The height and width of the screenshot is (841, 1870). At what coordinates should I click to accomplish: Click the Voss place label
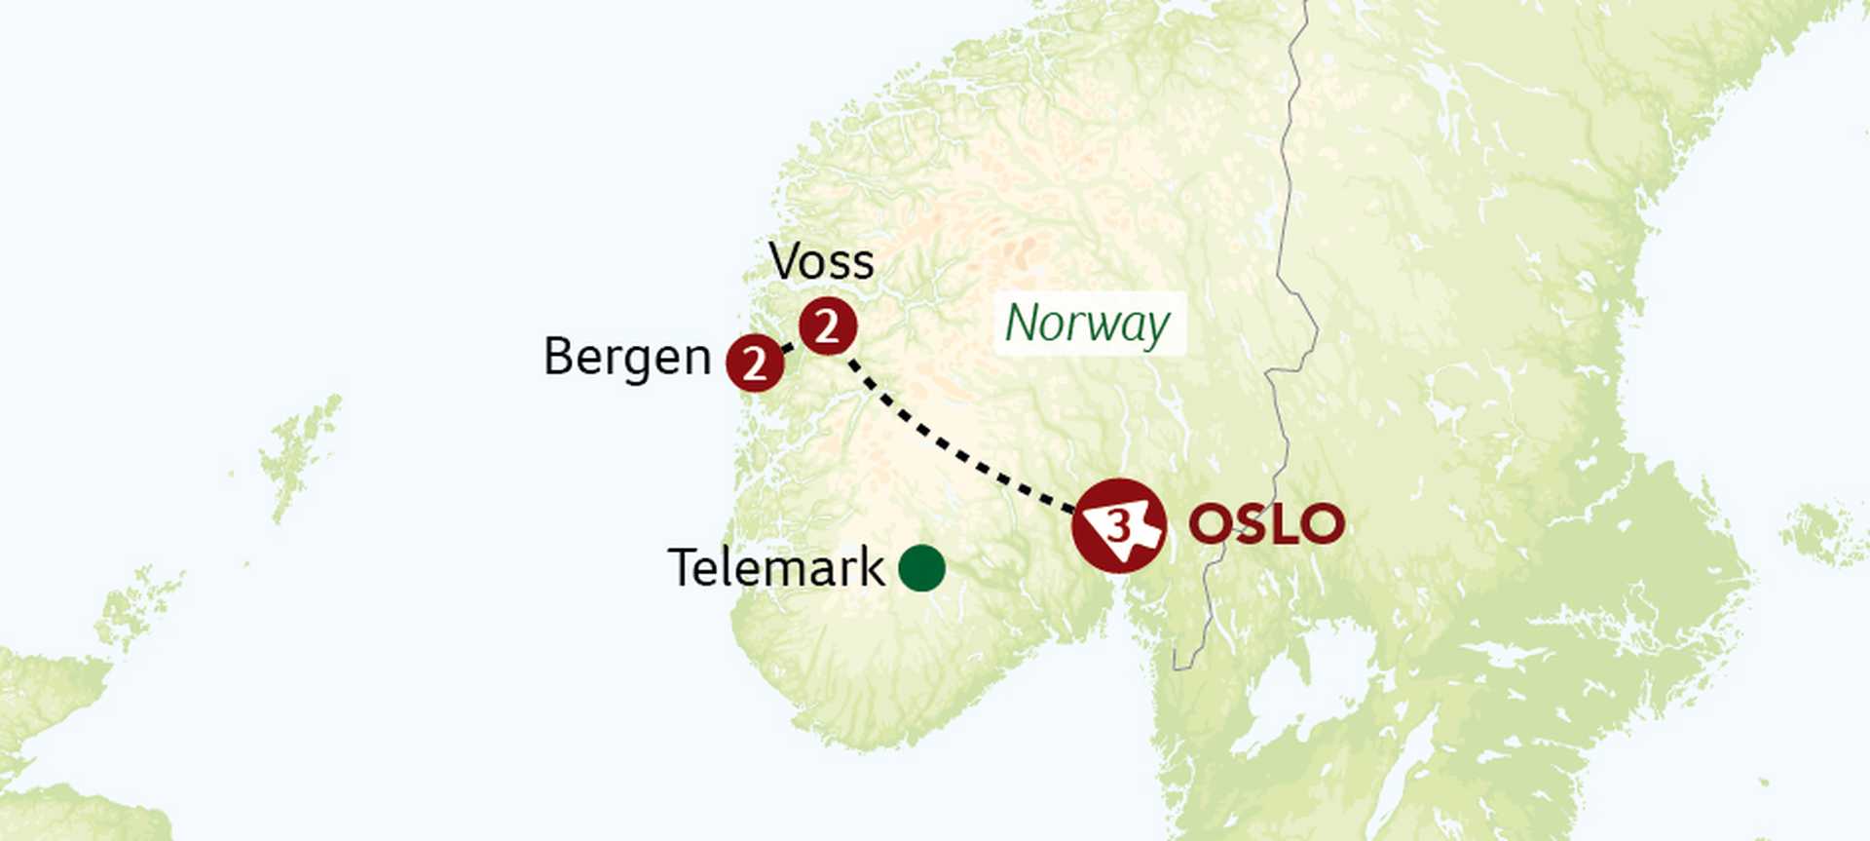point(821,261)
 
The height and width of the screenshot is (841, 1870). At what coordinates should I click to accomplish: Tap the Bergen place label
point(627,357)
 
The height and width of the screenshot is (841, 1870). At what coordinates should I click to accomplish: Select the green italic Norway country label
point(1087,324)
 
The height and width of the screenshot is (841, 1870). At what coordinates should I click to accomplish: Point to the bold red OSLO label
point(1266,524)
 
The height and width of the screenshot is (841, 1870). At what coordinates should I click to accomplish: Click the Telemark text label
point(775,567)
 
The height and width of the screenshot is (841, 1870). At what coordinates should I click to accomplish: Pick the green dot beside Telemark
point(921,568)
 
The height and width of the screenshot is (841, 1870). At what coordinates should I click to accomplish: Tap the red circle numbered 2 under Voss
point(828,325)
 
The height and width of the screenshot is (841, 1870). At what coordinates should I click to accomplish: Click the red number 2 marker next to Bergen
point(755,363)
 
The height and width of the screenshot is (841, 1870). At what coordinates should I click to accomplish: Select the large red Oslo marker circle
point(1119,526)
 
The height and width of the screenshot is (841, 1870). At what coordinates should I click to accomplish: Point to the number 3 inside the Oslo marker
point(1119,526)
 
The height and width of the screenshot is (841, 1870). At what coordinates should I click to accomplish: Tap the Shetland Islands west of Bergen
point(297,453)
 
